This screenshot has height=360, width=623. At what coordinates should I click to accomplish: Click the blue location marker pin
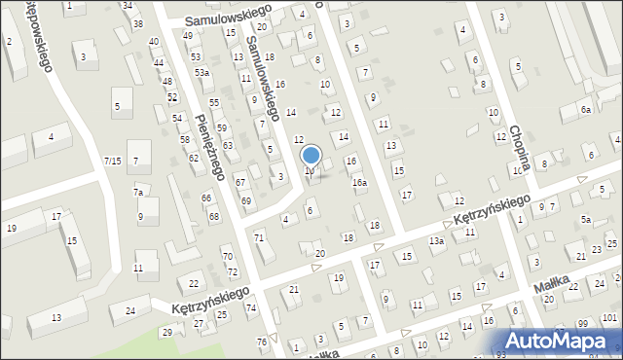point(311,156)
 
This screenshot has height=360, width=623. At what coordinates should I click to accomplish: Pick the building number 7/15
point(113,160)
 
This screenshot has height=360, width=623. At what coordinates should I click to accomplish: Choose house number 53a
point(202,73)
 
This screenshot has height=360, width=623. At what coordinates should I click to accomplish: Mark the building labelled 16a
point(360,182)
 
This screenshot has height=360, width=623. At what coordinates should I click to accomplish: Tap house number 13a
point(437,240)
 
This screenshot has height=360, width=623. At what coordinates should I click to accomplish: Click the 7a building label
point(138,193)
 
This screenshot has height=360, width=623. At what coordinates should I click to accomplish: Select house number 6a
point(586,110)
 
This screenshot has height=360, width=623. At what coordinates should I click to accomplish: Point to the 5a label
point(586,220)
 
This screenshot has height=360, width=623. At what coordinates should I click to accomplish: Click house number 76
point(261,342)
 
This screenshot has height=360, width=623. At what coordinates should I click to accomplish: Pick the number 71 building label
point(259,237)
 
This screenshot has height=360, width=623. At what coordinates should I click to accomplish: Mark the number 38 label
point(138,23)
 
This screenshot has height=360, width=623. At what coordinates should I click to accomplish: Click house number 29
point(166,333)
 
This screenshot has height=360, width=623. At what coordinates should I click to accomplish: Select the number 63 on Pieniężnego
point(228,145)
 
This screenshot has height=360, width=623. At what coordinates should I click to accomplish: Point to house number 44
point(159,62)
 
